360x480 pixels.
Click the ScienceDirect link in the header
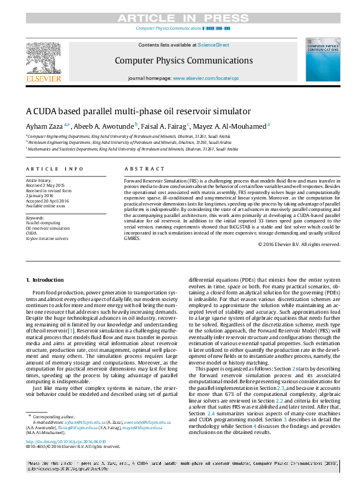[214, 45]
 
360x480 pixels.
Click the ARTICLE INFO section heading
[54, 169]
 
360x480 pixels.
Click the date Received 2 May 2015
[45, 186]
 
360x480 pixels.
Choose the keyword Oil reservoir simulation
[48, 229]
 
